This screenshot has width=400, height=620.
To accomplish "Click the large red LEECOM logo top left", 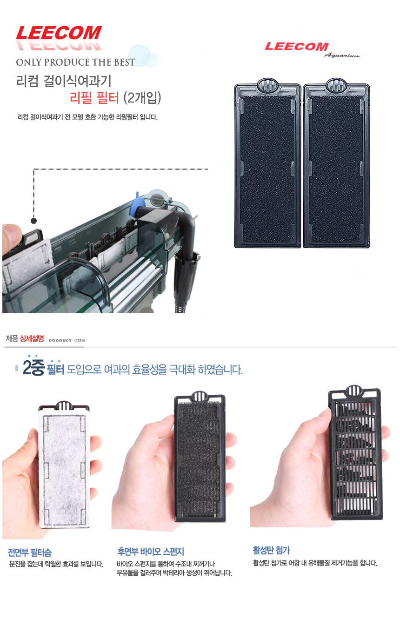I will tap(59, 34).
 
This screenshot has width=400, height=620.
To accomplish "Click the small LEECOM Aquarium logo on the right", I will tap(297, 47).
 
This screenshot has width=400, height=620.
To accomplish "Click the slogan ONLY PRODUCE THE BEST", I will tap(75, 62).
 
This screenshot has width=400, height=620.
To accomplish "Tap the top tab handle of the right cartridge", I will tap(336, 85).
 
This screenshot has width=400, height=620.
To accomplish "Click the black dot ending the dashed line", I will tap(33, 221).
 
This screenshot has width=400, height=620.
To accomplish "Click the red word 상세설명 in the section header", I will tap(32, 339).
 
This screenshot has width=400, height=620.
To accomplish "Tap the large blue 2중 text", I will tap(33, 369).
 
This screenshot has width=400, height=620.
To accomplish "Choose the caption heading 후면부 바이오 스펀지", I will tap(151, 552).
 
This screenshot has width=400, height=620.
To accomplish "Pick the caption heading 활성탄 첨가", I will tap(272, 551).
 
